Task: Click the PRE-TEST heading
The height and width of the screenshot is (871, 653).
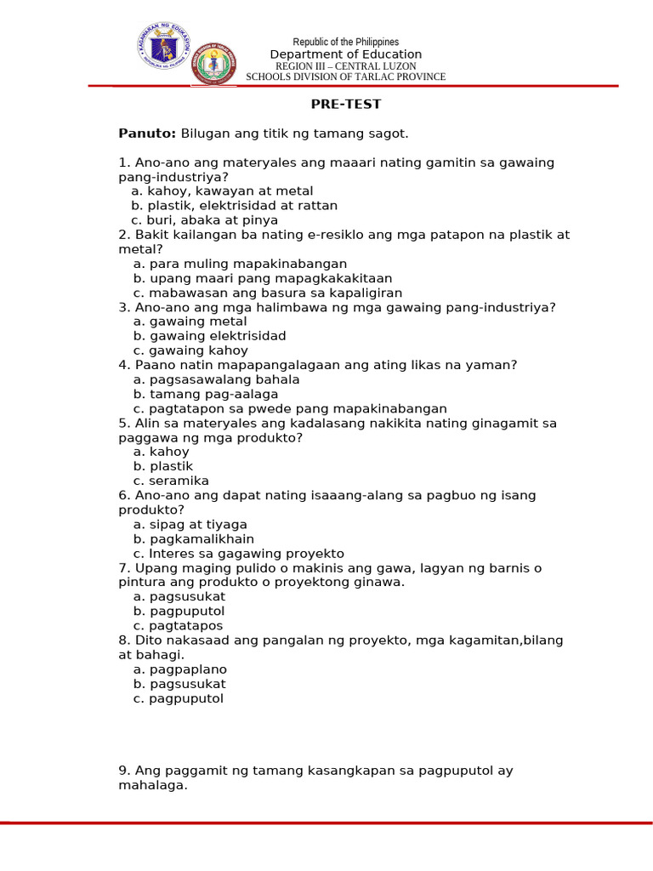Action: (345, 105)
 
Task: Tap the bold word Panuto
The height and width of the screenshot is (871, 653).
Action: (147, 134)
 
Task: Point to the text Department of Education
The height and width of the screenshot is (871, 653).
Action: (345, 54)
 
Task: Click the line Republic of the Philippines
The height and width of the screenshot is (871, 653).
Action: (345, 43)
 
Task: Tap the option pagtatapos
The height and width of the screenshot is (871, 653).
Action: (186, 626)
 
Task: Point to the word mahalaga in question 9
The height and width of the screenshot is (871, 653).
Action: (152, 786)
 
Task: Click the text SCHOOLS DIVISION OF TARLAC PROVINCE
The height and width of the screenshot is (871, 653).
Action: (345, 77)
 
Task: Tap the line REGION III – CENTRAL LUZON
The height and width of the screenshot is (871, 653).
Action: (345, 65)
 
